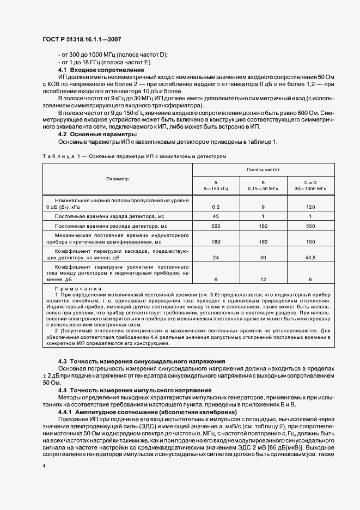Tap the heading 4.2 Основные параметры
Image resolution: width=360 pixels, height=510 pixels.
pos(97,134)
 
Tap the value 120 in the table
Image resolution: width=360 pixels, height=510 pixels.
pos(310,207)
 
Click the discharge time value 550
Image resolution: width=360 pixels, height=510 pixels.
pos(310,226)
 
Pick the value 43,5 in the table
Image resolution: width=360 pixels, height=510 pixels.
pos(310,257)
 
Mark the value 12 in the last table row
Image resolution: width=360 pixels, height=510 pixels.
pos(263,279)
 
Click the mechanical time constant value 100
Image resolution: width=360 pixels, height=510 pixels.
pos(310,241)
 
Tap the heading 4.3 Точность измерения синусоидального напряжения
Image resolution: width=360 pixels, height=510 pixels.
pos(142,362)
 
